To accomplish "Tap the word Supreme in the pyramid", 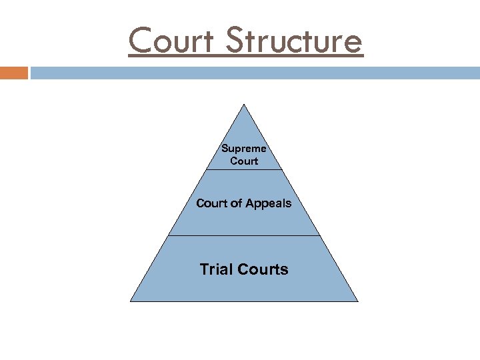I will point(244,149).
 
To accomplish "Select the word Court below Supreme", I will point(244,161).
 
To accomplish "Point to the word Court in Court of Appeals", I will point(211,203).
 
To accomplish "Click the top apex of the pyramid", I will point(244,105).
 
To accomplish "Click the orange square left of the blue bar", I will point(14,73).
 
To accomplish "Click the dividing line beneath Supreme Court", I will point(244,169).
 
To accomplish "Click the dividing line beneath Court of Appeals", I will point(244,235).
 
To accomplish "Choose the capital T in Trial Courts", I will point(204,269).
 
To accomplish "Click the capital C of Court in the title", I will point(141,41).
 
